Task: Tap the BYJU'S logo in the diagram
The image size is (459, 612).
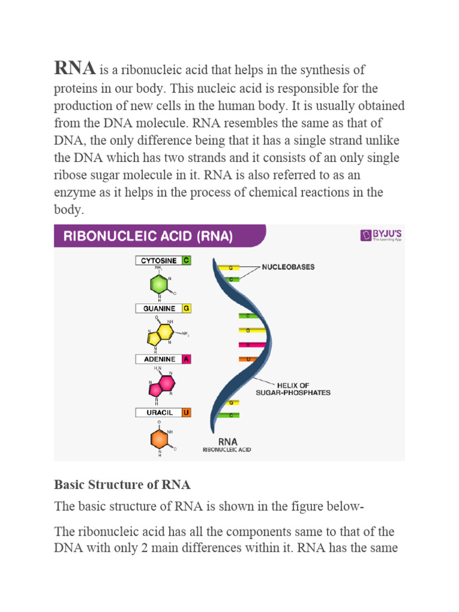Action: [381, 235]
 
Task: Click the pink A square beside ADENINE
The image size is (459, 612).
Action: [186, 359]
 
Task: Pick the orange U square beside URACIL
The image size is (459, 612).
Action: [186, 412]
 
